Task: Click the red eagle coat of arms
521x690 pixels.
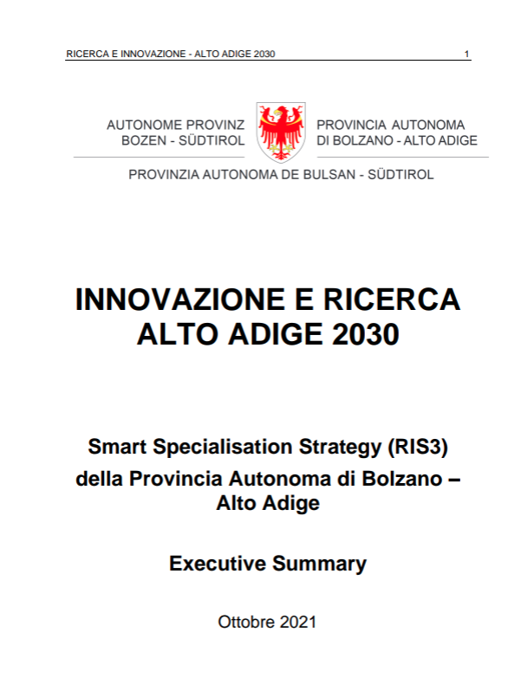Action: click(280, 132)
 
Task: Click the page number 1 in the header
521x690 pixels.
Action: click(467, 55)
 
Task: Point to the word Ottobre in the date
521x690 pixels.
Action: click(247, 622)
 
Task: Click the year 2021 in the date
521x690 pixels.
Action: click(299, 622)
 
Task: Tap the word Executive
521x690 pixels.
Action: click(218, 564)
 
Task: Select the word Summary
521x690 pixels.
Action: click(320, 564)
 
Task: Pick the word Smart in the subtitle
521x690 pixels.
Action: click(115, 447)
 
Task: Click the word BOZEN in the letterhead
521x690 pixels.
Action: click(143, 140)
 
